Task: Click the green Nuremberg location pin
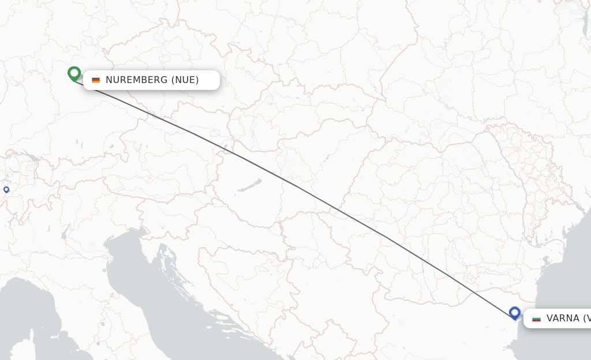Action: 74,73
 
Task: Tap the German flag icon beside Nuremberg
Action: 96,80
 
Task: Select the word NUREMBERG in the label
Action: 136,80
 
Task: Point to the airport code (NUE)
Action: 185,80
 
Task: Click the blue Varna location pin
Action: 515,313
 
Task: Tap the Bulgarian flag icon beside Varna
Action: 536,318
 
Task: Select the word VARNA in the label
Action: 563,318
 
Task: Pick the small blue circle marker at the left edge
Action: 6,189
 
